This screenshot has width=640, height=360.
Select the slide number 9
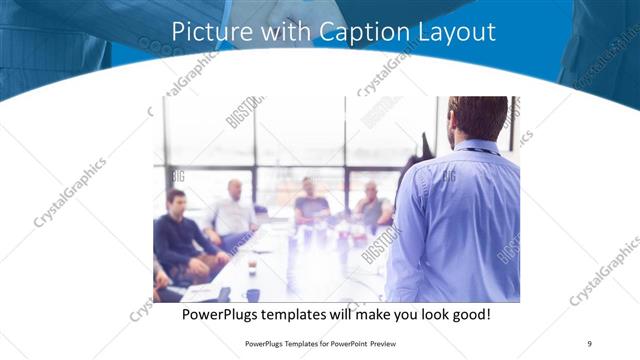(589, 344)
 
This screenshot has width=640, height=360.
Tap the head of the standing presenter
(478, 118)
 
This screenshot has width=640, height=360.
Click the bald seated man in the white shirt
(234, 211)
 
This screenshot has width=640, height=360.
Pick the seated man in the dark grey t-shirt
(310, 203)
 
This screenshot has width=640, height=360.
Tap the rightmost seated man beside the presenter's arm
(373, 206)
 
